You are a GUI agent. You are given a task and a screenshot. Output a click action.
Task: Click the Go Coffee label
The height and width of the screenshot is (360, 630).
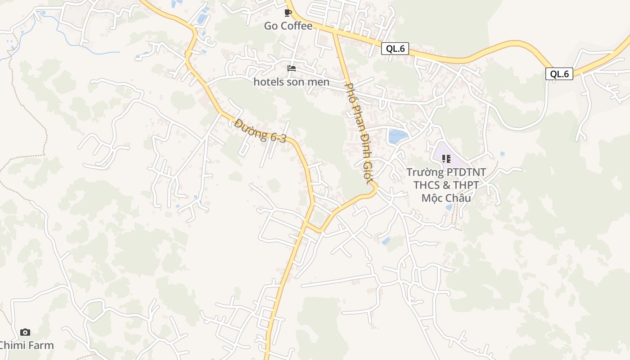[288, 26]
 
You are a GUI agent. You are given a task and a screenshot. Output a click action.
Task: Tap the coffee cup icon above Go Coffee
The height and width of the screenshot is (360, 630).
[288, 13]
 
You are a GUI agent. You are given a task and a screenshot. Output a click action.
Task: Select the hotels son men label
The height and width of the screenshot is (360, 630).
[291, 82]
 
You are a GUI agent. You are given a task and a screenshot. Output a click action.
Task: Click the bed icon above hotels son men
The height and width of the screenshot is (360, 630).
[292, 68]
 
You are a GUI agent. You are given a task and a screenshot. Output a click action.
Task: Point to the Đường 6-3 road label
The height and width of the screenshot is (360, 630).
[260, 131]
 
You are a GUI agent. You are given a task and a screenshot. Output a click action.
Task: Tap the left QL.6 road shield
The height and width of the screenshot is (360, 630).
[395, 49]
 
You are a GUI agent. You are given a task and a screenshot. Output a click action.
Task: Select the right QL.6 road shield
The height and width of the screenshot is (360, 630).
[559, 74]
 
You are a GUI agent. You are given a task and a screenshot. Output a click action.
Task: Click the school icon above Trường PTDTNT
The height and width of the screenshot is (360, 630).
[446, 158]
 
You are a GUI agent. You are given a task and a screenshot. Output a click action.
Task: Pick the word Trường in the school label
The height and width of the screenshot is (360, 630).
[425, 172]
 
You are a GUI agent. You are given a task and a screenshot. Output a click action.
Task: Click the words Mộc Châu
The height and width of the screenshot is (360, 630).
[446, 198]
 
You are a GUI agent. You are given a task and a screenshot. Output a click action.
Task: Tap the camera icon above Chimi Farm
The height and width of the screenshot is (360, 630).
[25, 332]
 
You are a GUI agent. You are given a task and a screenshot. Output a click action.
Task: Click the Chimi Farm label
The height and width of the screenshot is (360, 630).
[26, 346]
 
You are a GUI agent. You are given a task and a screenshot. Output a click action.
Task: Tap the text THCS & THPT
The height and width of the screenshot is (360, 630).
[446, 185]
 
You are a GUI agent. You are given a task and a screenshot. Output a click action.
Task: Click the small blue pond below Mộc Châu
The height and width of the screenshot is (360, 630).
[449, 207]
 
